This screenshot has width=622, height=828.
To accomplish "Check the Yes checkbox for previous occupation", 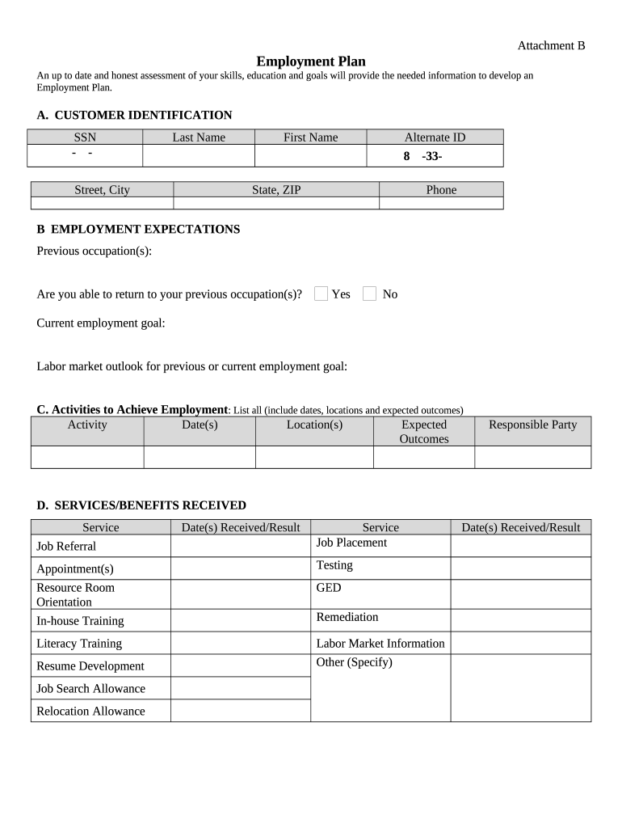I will click(x=321, y=294).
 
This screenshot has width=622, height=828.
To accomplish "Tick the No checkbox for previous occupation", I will click(x=369, y=294).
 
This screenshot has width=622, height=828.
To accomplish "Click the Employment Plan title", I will click(x=311, y=61).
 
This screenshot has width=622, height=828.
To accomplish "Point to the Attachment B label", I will click(x=551, y=45).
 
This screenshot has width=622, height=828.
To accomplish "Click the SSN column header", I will click(x=85, y=137).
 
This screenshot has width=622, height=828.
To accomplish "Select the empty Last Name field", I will click(x=199, y=155).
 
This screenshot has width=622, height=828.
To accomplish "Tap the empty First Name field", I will click(x=310, y=155).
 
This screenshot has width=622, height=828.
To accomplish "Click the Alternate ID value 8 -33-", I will click(x=422, y=156).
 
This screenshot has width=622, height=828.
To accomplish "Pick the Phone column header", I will click(x=441, y=190).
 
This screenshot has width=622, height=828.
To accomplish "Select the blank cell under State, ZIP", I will click(x=276, y=203).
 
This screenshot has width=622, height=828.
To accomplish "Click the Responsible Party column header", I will click(x=533, y=425).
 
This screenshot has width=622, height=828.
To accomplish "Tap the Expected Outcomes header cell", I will click(x=424, y=432).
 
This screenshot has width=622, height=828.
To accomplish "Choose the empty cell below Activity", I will click(x=87, y=457).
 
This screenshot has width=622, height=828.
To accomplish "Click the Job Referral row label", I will click(x=66, y=547).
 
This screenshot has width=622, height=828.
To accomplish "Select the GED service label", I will click(x=329, y=588).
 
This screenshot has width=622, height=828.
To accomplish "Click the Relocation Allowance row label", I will click(x=90, y=711).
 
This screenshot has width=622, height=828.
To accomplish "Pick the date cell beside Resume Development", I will click(x=240, y=665).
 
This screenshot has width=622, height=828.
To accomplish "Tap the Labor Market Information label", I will click(x=380, y=644).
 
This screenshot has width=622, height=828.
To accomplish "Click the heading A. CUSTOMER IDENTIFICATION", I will click(x=134, y=116).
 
